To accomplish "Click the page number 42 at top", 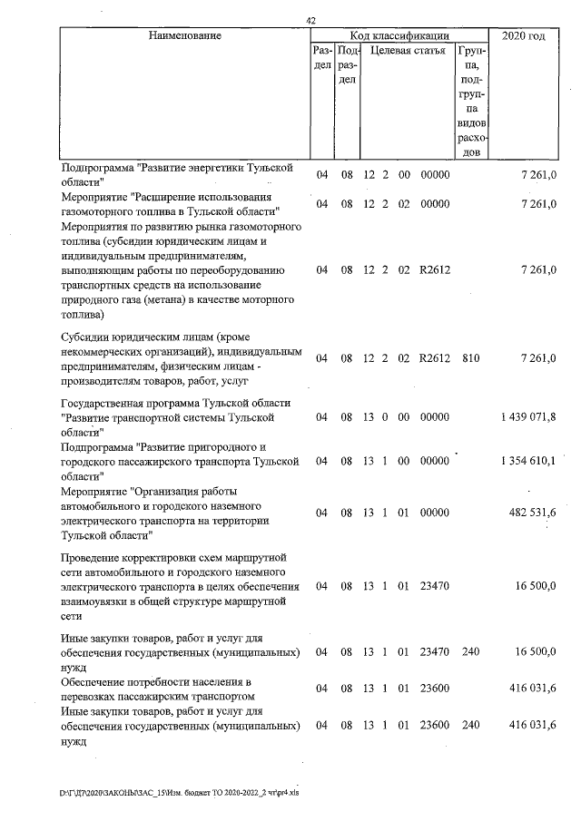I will (311, 21).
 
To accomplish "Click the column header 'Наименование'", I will (185, 35).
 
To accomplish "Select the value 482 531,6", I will (534, 513).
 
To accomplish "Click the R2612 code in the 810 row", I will (435, 358).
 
